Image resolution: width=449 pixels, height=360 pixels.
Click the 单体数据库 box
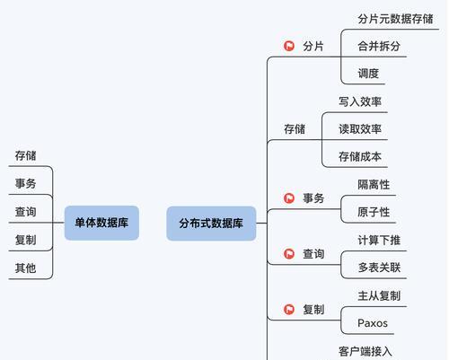(x=101, y=223)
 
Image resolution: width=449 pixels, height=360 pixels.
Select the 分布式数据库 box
(x=211, y=224)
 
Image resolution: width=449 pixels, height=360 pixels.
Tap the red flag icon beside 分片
(x=289, y=46)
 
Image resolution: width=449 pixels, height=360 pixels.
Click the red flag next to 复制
(x=289, y=309)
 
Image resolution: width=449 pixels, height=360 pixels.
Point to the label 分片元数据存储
(x=395, y=19)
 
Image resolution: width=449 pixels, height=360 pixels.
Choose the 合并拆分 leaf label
(x=379, y=46)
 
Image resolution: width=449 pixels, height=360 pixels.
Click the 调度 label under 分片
(x=368, y=74)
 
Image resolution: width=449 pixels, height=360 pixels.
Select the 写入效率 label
(x=360, y=101)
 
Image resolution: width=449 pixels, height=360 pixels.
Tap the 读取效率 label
(x=360, y=129)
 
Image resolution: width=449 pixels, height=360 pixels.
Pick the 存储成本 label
(x=360, y=156)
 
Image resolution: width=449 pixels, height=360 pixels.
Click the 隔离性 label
(x=374, y=185)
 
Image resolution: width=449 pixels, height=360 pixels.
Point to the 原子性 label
(x=374, y=212)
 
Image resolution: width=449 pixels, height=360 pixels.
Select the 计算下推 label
(x=379, y=240)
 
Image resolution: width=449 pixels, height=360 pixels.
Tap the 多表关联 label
(x=379, y=268)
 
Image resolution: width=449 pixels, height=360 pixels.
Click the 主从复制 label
(x=379, y=295)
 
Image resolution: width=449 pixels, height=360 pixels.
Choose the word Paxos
(x=373, y=323)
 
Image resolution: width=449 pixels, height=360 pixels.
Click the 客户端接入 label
(x=365, y=351)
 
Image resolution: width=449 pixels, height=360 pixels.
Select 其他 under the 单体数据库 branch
(x=26, y=268)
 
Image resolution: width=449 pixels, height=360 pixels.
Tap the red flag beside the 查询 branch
(x=289, y=254)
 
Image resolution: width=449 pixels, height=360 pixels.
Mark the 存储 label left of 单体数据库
(x=26, y=155)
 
